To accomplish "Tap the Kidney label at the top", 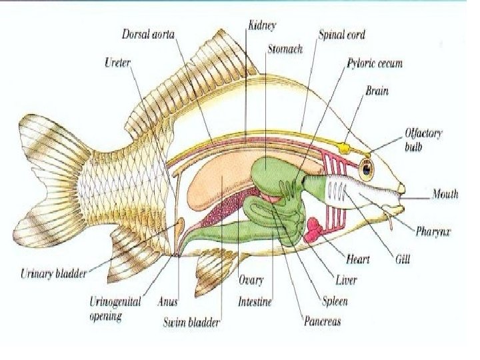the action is tap(262, 25).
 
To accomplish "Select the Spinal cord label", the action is tap(342, 34).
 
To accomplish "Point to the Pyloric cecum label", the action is tap(374, 64).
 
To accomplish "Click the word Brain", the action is tap(377, 91).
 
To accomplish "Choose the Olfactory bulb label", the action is tap(423, 139).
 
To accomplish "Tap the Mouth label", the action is tap(445, 195).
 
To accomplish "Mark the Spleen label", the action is tap(335, 301).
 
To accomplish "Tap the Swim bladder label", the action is tap(192, 323).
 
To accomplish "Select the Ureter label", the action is tap(117, 63).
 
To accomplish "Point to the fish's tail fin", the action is tap(50, 180).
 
